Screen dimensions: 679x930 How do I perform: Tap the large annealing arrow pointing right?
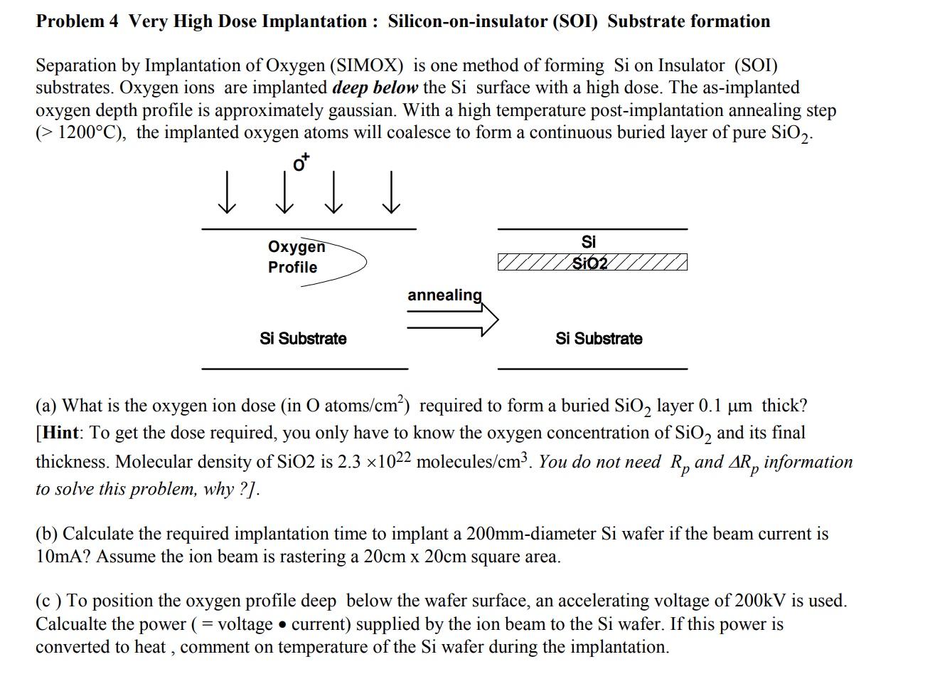(x=453, y=321)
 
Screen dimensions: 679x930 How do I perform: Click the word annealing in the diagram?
(x=444, y=295)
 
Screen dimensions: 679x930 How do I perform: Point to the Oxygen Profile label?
(x=295, y=257)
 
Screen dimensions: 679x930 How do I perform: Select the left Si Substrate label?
(x=303, y=339)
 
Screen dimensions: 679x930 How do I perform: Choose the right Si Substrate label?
(x=599, y=339)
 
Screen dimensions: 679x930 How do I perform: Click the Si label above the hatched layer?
(x=589, y=242)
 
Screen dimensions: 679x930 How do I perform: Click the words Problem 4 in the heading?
(x=77, y=21)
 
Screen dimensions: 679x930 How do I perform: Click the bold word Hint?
(x=60, y=433)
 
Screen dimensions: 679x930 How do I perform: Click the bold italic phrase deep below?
(x=375, y=88)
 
